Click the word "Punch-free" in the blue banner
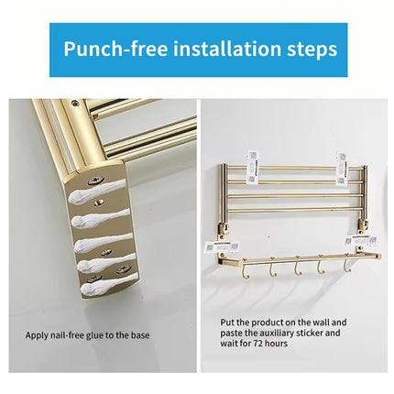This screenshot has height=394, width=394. [107, 49]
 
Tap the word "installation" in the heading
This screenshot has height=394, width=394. [220, 49]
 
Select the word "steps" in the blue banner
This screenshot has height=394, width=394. [312, 49]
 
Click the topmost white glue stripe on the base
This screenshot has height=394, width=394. [96, 191]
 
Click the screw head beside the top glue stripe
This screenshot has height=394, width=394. [95, 181]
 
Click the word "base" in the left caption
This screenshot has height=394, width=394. [142, 334]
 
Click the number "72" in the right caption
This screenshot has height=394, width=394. [261, 344]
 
